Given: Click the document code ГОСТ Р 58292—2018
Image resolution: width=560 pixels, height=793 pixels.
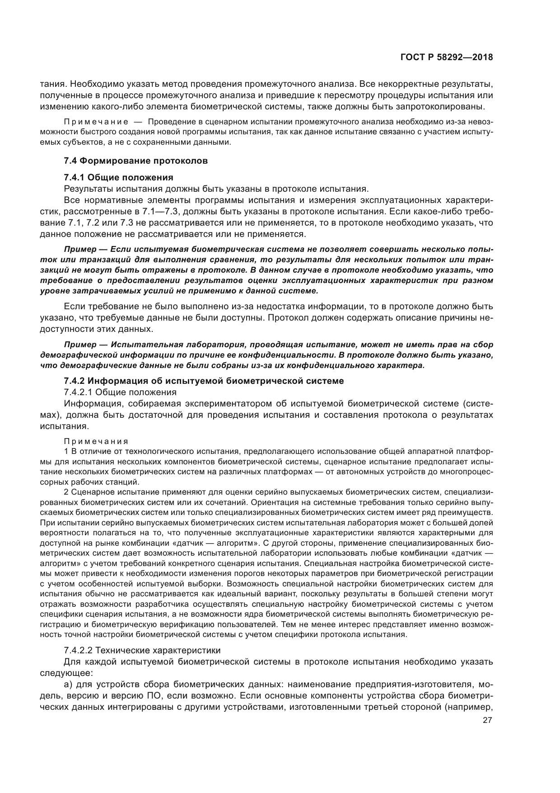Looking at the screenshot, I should (446, 57).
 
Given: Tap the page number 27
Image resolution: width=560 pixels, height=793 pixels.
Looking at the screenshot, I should (487, 721).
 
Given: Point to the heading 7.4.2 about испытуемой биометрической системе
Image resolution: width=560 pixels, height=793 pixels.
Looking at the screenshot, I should (204, 381).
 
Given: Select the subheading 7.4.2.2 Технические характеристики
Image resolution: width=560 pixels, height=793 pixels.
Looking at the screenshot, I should (142, 650).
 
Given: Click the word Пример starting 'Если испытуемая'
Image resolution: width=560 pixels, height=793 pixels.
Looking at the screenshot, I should (80, 249).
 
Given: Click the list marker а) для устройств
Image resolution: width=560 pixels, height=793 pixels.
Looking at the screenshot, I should (69, 683).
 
